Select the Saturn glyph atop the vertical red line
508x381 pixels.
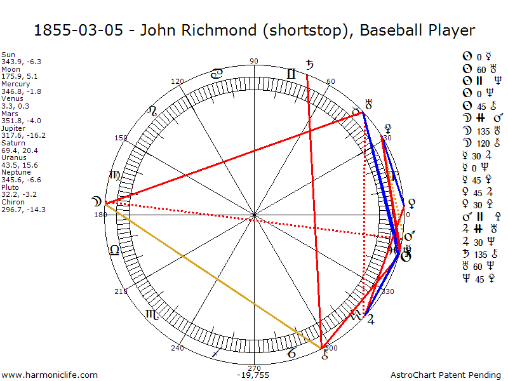(310, 65)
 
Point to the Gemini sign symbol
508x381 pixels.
(291, 74)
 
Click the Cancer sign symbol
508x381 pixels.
(217, 74)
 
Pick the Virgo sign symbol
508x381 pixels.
(114, 176)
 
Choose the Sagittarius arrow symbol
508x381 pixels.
(217, 352)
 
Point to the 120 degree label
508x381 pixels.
(178, 81)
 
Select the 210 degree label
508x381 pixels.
(121, 291)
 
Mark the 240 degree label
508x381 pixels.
(178, 347)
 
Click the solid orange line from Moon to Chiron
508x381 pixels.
(213, 275)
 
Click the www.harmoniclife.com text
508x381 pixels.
(50, 375)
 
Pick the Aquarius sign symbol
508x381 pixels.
(356, 315)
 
